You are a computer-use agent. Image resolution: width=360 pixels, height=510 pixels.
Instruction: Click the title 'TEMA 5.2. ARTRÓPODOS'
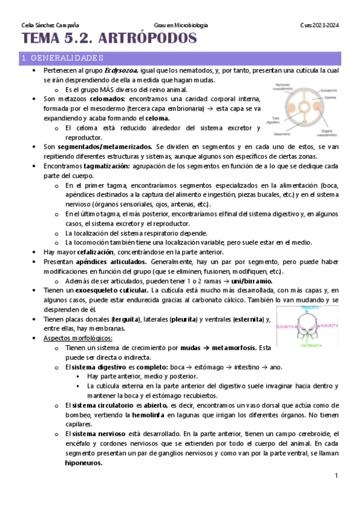[109, 40]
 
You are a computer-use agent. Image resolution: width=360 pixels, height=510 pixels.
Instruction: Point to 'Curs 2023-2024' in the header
[319, 25]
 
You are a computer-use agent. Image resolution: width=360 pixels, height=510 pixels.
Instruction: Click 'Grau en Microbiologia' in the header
[181, 25]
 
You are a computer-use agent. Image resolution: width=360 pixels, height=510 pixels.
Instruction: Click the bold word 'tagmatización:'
[105, 165]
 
